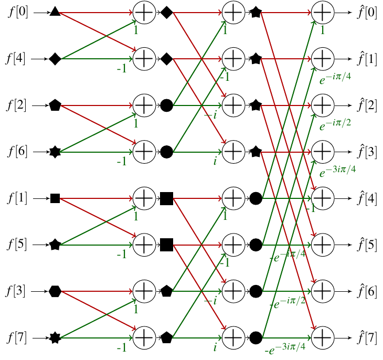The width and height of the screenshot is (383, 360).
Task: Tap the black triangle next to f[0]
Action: coord(55,12)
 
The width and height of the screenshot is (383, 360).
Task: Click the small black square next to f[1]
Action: coord(55,198)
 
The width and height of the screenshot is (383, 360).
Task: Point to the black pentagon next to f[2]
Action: coord(55,105)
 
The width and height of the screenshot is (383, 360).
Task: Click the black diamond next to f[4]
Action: coord(55,59)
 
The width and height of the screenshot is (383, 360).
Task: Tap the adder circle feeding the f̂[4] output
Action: coord(323,198)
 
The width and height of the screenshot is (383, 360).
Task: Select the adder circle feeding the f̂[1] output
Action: coord(323,59)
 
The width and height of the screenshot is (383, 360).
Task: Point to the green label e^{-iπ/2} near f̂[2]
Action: coord(335,123)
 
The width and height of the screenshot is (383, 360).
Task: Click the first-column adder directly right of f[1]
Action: coord(143,198)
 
